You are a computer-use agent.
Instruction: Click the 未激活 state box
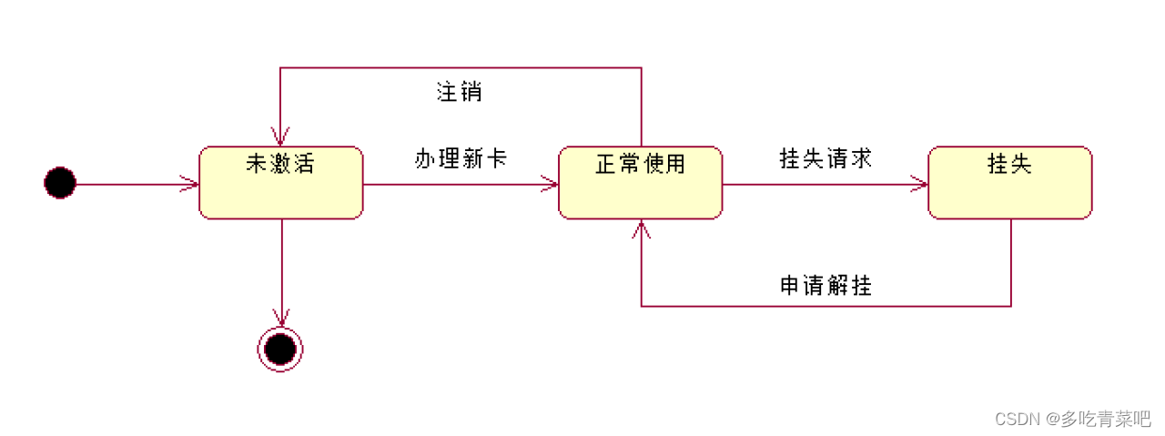click(280, 183)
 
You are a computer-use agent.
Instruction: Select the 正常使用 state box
click(640, 183)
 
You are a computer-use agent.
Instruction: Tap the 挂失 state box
click(1009, 183)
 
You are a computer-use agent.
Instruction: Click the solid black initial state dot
click(60, 183)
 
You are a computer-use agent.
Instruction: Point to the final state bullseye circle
click(280, 349)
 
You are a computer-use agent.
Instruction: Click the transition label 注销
click(459, 92)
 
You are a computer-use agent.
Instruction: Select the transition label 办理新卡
click(461, 158)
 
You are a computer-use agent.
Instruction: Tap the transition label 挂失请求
click(826, 158)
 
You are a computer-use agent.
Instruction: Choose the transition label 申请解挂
click(826, 286)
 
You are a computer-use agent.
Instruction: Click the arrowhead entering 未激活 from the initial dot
click(192, 184)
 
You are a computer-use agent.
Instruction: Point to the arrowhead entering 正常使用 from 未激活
click(551, 184)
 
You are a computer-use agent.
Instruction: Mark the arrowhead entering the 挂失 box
click(920, 184)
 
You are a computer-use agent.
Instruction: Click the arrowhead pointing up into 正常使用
click(642, 228)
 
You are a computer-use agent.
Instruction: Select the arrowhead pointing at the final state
click(281, 319)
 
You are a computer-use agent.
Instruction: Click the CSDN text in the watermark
click(1017, 419)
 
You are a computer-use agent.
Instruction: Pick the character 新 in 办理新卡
click(472, 158)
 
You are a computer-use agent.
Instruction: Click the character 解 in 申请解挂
click(837, 286)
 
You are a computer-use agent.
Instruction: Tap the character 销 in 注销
click(471, 92)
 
